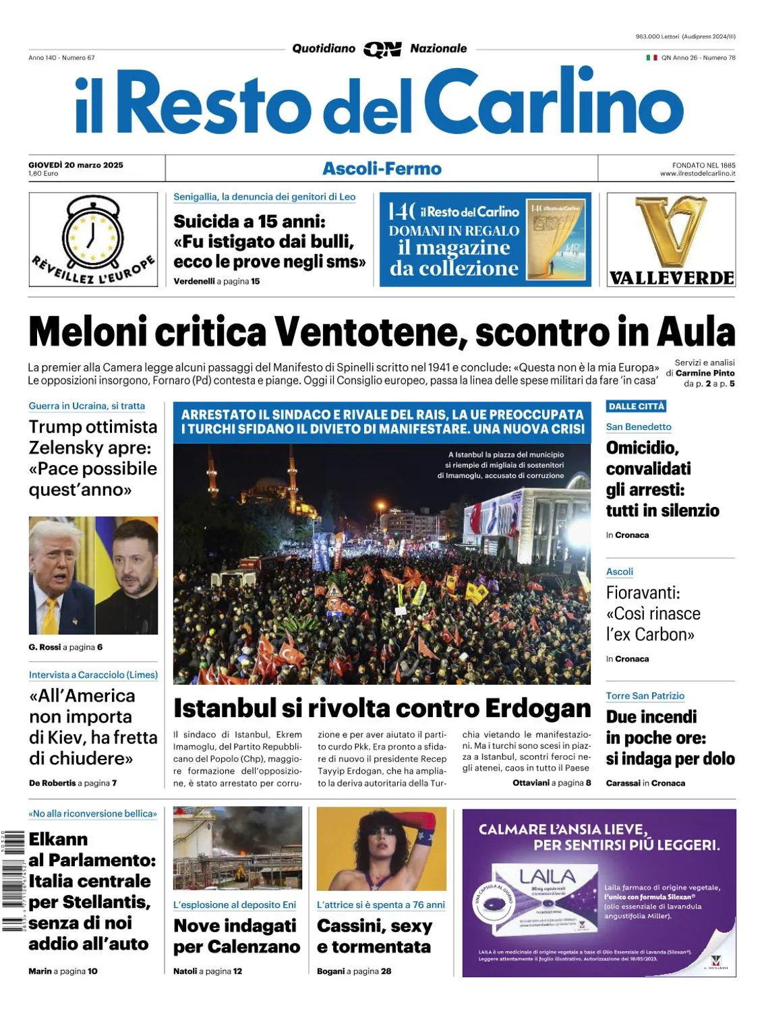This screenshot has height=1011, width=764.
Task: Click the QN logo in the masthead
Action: pyautogui.click(x=382, y=49)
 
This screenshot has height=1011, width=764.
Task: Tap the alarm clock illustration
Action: pyautogui.click(x=94, y=233)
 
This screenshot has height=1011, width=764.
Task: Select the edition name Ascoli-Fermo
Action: pyautogui.click(x=382, y=168)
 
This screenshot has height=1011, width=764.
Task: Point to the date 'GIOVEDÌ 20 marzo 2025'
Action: pyautogui.click(x=76, y=164)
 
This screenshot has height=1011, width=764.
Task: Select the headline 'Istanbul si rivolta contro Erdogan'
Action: pyautogui.click(x=382, y=708)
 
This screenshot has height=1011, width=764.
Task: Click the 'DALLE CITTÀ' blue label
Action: pyautogui.click(x=637, y=406)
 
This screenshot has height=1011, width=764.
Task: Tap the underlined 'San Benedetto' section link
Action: pyautogui.click(x=639, y=427)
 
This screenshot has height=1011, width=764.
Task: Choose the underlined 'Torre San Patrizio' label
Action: pyautogui.click(x=645, y=696)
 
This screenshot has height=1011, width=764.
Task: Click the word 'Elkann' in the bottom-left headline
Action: pyautogui.click(x=59, y=839)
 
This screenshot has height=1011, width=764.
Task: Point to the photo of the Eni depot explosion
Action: pyautogui.click(x=237, y=848)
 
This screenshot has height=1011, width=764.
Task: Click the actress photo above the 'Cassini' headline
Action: pyautogui.click(x=381, y=848)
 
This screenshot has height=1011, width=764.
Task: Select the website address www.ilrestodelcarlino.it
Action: pyautogui.click(x=697, y=174)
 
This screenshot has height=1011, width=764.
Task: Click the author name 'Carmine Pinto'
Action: pyautogui.click(x=705, y=373)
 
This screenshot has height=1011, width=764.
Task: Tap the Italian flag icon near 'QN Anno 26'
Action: pyautogui.click(x=651, y=58)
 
